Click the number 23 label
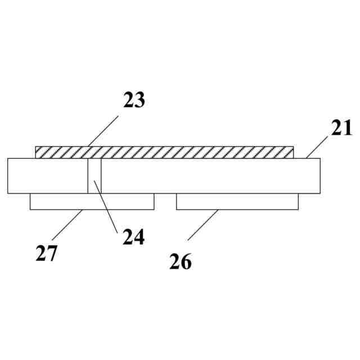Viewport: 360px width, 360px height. click(134, 100)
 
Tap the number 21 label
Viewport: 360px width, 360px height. click(341, 128)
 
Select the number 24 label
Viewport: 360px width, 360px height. click(134, 237)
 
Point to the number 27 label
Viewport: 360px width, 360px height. click(46, 254)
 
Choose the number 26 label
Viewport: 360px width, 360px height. click(181, 262)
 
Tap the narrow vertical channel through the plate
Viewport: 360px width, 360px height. click(94, 175)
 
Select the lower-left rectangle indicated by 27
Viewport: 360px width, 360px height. click(92, 201)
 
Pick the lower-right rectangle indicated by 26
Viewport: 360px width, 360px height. click(237, 201)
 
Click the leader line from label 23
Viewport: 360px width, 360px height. click(101, 132)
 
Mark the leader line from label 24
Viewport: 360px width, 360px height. click(105, 206)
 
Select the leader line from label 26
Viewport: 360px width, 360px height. click(203, 224)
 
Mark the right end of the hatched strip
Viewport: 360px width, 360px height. click(292, 152)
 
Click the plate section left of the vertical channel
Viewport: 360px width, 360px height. click(48, 175)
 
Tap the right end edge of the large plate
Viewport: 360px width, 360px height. click(320, 175)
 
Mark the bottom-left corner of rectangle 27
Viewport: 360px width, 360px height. click(30, 209)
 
